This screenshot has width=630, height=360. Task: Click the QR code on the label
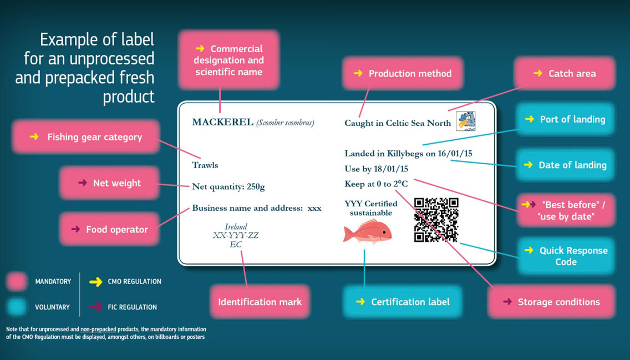tap(436, 220)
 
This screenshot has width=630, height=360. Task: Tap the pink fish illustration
tap(367, 232)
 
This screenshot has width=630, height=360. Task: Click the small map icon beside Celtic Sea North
tap(466, 121)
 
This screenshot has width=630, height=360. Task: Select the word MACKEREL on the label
tap(222, 122)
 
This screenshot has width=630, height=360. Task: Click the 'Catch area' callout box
tap(565, 74)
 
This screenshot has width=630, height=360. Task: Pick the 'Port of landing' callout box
tap(565, 119)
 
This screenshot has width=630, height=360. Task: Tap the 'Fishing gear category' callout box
tap(86, 137)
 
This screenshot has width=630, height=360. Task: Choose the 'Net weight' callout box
tap(109, 183)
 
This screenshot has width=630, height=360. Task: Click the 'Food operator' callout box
tap(109, 230)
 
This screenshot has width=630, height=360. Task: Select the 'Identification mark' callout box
tap(260, 302)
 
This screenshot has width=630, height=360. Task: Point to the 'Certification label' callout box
tap(403, 302)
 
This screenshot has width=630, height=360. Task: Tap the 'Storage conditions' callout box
tap(551, 302)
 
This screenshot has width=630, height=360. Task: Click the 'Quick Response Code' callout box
tap(566, 256)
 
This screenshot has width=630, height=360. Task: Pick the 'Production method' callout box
tap(403, 74)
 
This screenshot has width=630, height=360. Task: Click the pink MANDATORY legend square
tap(17, 281)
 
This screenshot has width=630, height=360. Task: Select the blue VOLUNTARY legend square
tap(17, 307)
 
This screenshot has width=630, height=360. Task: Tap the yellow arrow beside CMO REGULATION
tap(95, 282)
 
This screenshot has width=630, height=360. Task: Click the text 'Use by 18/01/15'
tap(376, 169)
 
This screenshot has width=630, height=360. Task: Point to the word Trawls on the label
tap(205, 165)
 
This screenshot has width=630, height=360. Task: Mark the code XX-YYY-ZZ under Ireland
tap(236, 235)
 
